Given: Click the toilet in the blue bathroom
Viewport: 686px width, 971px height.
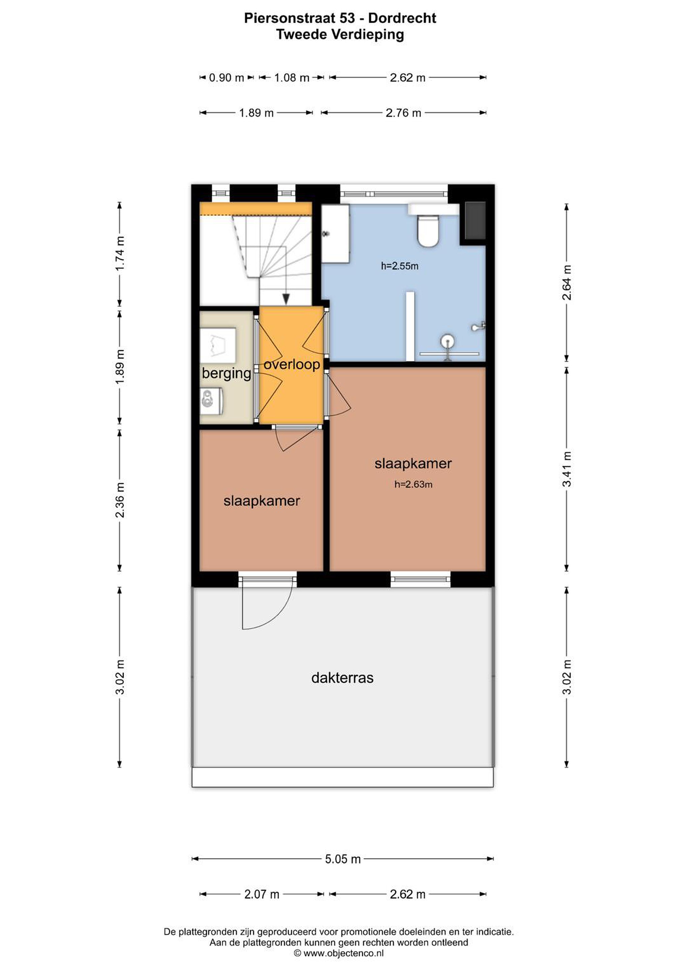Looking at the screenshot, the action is tap(428, 231).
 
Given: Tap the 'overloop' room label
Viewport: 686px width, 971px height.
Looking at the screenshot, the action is tap(292, 364).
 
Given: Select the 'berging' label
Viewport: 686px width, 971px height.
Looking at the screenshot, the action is tap(226, 374).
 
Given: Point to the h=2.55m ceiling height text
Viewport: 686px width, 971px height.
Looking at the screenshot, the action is tap(399, 266).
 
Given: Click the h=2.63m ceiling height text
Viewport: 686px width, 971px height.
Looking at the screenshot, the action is tap(413, 484).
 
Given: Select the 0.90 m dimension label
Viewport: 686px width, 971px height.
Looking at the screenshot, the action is tap(226, 78).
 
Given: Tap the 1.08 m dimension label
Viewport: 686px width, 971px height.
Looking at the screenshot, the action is tap(292, 78).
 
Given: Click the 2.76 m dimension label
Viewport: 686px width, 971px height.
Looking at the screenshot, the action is tap(404, 113).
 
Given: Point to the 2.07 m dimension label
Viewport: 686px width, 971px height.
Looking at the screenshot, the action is tap(262, 894).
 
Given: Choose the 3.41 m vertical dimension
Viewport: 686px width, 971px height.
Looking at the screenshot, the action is tap(567, 469).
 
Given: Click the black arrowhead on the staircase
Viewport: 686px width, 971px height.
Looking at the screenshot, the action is tap(286, 299).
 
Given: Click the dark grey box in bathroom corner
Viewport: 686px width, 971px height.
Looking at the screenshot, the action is tap(475, 220).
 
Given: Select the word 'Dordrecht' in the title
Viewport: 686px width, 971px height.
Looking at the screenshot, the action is tap(402, 18).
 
